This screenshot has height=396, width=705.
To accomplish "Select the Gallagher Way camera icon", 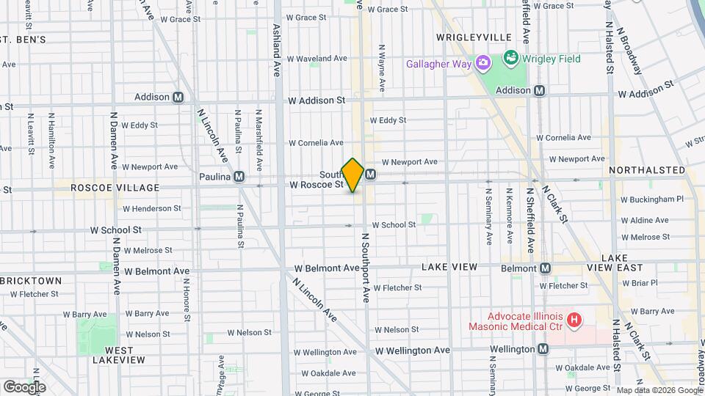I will point(483,62).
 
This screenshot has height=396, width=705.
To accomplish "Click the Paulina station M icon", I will point(239,177).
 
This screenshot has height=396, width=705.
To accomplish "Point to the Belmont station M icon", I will point(545,268).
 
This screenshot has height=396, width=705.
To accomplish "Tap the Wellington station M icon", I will point(543,349).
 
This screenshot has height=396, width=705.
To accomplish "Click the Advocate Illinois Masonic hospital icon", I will point(575,320).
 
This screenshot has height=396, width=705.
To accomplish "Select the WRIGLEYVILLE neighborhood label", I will point(473,37).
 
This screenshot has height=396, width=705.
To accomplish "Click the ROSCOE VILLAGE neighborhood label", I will point(115,188).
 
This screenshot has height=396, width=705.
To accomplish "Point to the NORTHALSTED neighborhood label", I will point(647,170).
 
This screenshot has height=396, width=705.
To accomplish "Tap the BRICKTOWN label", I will point(32,281).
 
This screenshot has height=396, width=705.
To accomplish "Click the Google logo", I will point(24,386).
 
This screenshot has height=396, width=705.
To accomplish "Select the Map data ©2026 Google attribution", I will point(658,390).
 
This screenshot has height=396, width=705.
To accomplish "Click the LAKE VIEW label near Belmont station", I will point(449,267).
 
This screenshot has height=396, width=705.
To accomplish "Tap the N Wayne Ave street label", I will point(382,68).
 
